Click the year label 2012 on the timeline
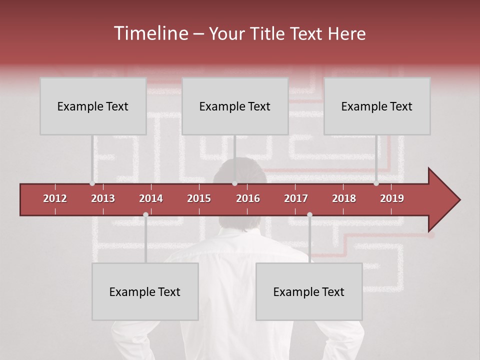(55, 198)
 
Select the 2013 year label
(103, 198)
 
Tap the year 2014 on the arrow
(151, 198)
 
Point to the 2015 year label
(199, 198)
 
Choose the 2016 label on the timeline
(248, 198)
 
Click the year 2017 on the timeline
(296, 198)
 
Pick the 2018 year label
(344, 198)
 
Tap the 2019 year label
(392, 198)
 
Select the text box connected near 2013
(93, 106)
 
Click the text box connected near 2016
(235, 106)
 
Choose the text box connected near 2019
(377, 106)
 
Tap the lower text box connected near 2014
(145, 291)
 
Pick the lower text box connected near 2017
(309, 291)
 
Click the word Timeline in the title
(150, 33)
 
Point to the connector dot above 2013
(92, 183)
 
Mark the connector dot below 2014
(145, 214)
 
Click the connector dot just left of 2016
(234, 183)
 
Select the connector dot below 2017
(309, 214)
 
